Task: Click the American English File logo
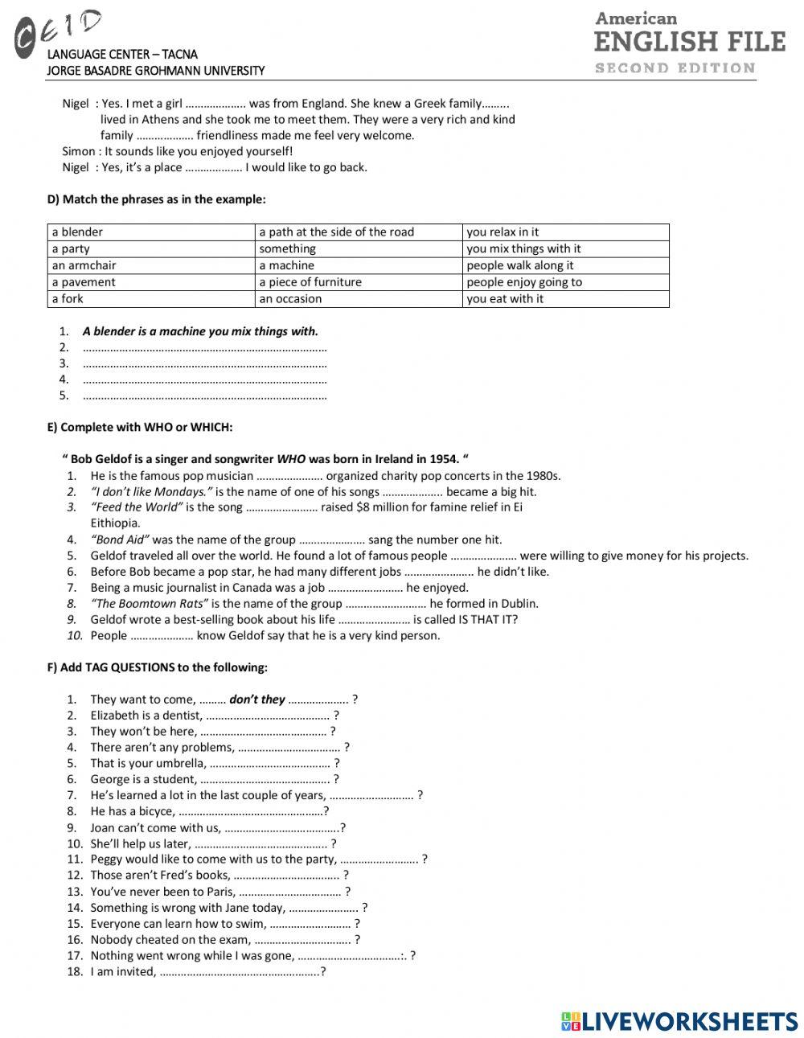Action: pos(689,43)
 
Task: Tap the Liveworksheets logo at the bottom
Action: pos(679,1020)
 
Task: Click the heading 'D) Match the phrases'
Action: pos(156,199)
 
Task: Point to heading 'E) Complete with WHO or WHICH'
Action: pos(140,428)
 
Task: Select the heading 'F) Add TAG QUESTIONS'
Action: pos(158,667)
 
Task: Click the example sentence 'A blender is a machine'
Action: pos(200,331)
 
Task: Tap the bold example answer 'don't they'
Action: pos(256,700)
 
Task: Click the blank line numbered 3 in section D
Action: pos(204,363)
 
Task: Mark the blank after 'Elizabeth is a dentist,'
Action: pos(268,716)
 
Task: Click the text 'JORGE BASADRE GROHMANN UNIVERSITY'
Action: pos(156,71)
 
